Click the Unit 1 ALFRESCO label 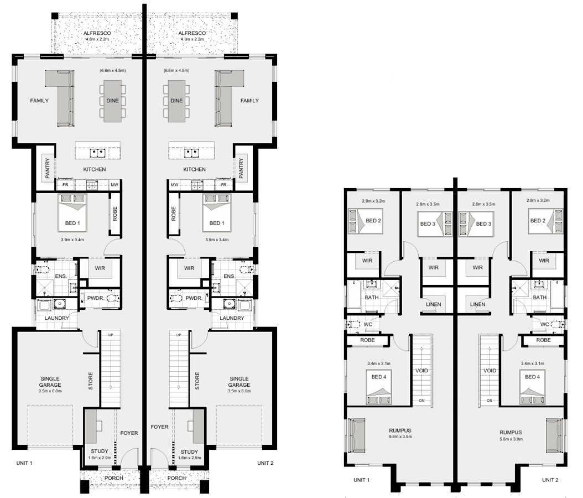coord(97,33)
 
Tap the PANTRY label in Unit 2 coord(241,168)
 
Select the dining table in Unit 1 coord(112,101)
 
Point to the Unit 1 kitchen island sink coord(98,153)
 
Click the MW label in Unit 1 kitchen coord(114,185)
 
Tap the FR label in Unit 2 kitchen coord(224,185)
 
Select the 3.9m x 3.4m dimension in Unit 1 coord(72,240)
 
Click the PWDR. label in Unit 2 coord(194,298)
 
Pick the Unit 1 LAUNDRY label coord(57,318)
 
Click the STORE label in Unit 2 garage coord(197,381)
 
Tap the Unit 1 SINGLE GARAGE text coord(50,382)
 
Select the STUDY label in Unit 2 coord(189,452)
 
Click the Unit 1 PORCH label coord(114,478)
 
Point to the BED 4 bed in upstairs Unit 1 coord(379,387)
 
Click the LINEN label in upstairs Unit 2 coord(477,304)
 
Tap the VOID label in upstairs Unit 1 coord(421,370)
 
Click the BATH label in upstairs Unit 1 coord(372,297)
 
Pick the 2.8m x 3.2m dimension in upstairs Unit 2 coord(538,200)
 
